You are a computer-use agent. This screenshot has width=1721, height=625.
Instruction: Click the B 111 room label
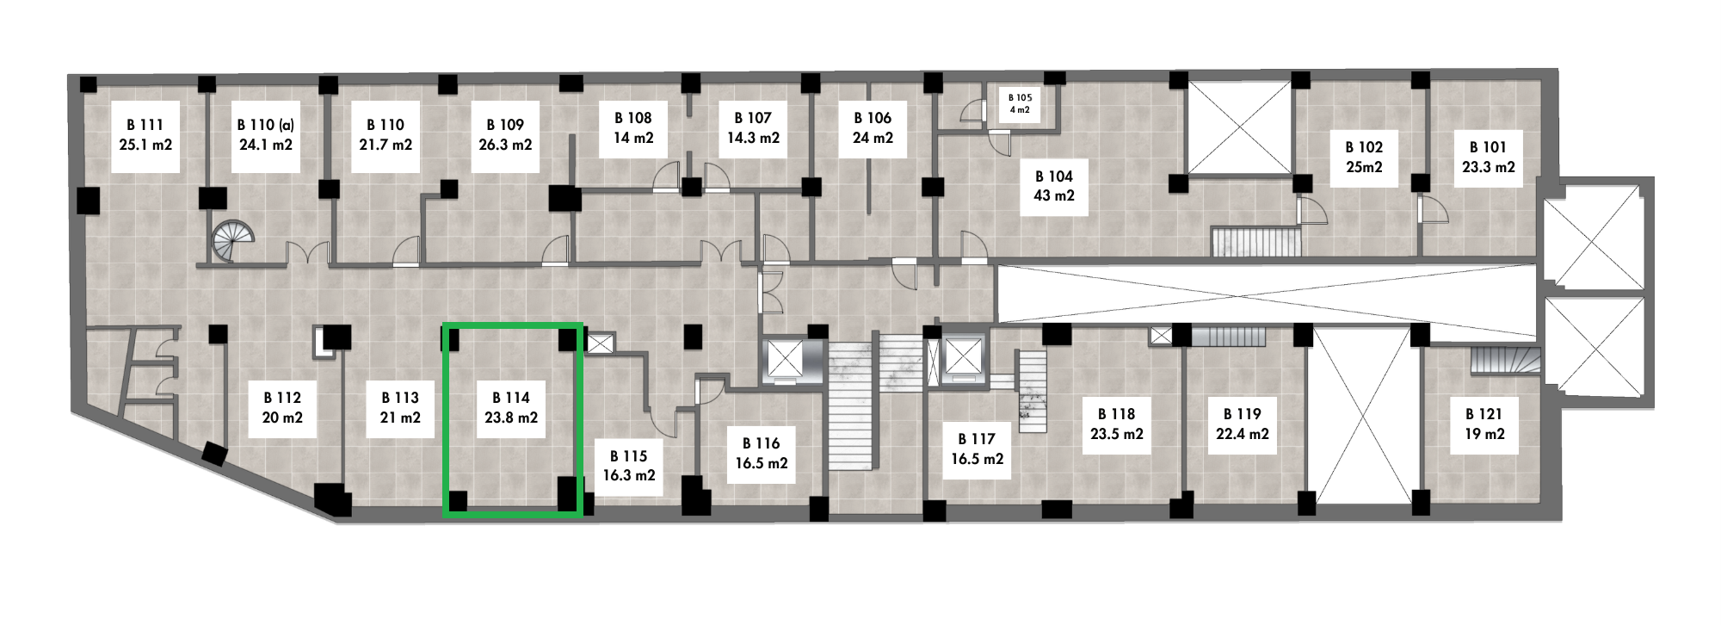[x=145, y=136]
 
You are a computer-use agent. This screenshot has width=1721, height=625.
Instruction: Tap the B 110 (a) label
[x=266, y=136]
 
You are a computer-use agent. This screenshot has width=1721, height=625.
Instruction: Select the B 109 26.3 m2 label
[x=505, y=136]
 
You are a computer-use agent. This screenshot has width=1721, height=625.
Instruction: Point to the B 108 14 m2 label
[x=632, y=127]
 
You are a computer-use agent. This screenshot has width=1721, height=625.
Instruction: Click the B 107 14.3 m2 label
[x=753, y=127]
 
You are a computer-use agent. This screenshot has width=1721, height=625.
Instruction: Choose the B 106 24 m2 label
[x=873, y=127]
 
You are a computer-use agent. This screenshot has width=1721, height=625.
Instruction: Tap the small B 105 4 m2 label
[x=1019, y=103]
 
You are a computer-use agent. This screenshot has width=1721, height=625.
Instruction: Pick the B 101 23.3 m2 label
[x=1488, y=157]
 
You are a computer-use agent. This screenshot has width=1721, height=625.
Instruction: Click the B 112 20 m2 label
[x=282, y=408]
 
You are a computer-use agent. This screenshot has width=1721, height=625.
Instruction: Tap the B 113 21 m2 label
[x=400, y=408]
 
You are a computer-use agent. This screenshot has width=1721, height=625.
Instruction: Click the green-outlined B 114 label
[x=511, y=408]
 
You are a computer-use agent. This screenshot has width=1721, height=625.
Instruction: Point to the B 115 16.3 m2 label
[x=628, y=466]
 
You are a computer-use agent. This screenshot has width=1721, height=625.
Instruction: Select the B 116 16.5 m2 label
[x=762, y=453]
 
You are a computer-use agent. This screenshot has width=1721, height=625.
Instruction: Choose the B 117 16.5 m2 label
[x=977, y=449]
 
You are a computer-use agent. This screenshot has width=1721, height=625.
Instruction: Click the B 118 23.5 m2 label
[x=1116, y=424]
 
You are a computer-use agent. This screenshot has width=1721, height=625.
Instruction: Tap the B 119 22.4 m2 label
[x=1242, y=424]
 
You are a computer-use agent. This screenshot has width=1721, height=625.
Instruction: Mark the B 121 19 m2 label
[x=1484, y=424]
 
